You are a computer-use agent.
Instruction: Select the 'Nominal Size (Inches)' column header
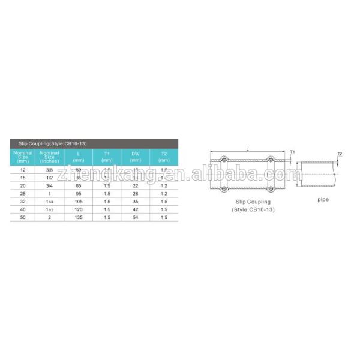click(49, 157)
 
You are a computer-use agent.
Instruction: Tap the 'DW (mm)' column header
click(135, 157)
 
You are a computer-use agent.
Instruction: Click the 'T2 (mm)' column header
click(164, 157)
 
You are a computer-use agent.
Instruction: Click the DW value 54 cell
click(135, 218)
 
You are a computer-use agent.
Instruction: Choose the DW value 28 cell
click(135, 194)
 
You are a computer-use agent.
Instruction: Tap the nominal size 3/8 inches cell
click(49, 170)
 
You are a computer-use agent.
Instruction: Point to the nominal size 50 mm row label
click(23, 218)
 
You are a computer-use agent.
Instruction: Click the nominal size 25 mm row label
click(23, 194)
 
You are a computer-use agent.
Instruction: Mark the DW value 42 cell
click(135, 210)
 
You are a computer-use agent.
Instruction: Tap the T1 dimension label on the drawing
click(292, 152)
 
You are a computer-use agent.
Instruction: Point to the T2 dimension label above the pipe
click(339, 154)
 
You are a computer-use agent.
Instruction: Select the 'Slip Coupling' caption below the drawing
click(253, 202)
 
